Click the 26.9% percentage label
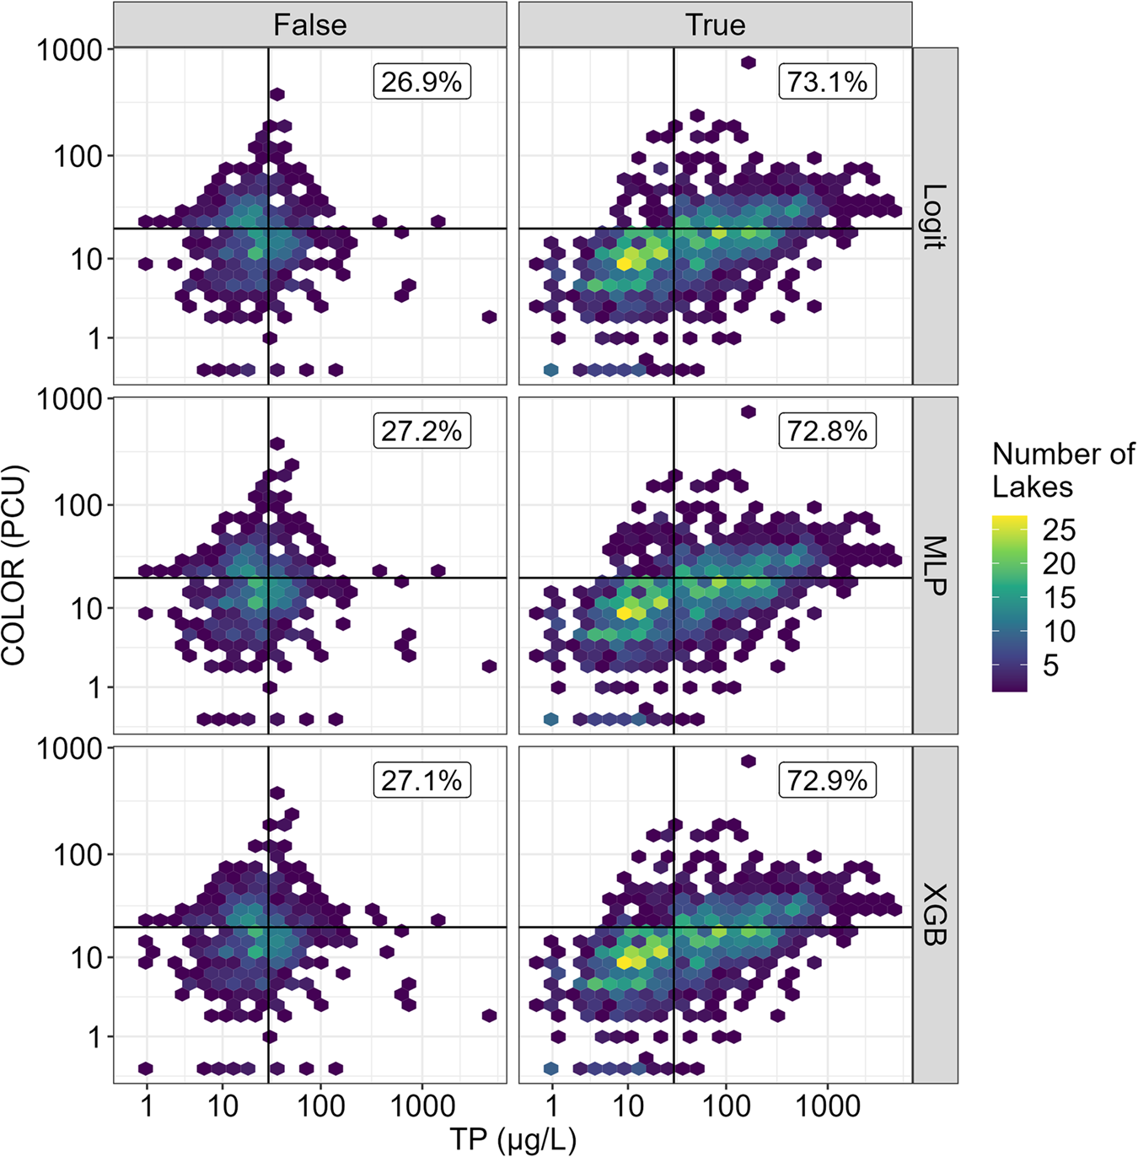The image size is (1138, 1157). tap(421, 82)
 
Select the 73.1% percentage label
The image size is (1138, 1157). tap(827, 82)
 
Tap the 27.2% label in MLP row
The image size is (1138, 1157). tap(421, 431)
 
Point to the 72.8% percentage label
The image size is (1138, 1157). tap(827, 431)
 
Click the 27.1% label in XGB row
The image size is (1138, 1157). tap(421, 780)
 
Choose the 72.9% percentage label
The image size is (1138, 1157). tap(827, 780)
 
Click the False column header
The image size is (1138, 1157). tap(310, 24)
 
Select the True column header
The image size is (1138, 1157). tap(715, 24)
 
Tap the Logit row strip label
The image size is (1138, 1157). tap(935, 216)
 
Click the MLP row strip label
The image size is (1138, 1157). tap(935, 565)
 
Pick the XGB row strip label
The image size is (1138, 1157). tap(935, 914)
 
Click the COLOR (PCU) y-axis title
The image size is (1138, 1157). tap(14, 565)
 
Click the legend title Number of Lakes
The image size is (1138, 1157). tap(1062, 470)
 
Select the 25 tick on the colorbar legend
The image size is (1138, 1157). tap(1059, 530)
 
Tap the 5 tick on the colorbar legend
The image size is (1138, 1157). tap(1050, 665)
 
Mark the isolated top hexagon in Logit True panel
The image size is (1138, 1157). tap(748, 62)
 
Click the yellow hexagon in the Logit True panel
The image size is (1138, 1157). tap(624, 264)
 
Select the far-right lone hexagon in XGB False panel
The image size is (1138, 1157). tap(489, 1015)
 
